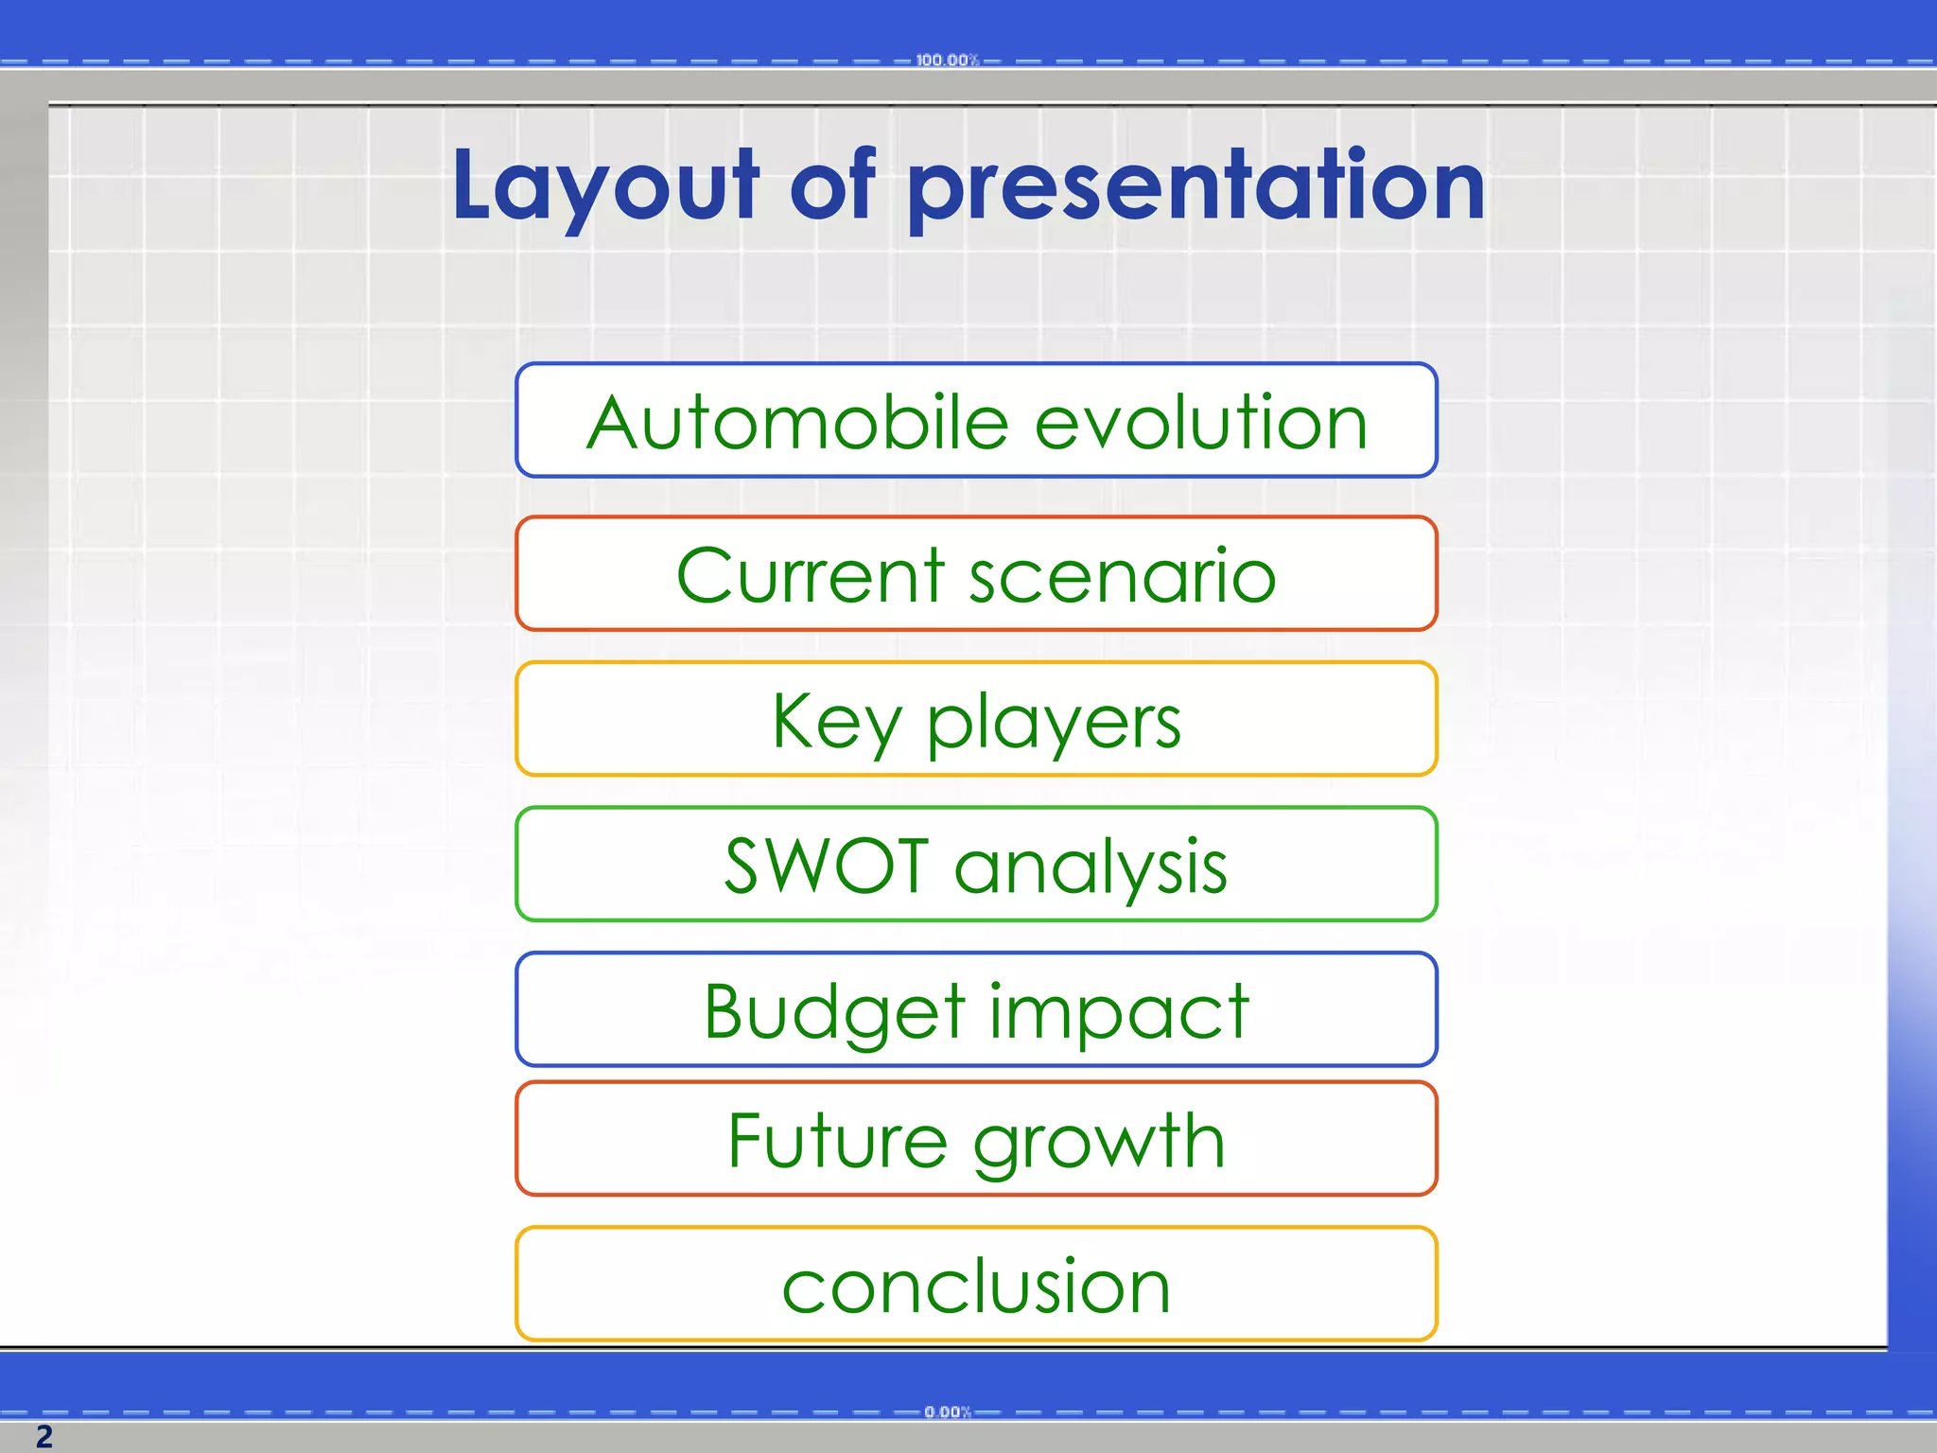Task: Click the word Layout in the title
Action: pos(605,186)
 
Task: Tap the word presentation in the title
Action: pos(1195,186)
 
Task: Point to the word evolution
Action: pos(1201,422)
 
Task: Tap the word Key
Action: pos(836,722)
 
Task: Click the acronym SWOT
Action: pos(826,866)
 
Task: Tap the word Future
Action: pos(837,1141)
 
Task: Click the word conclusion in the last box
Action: pos(976,1287)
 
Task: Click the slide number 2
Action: pos(44,1436)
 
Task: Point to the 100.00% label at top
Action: pos(947,61)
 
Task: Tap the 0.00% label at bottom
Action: pos(948,1411)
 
